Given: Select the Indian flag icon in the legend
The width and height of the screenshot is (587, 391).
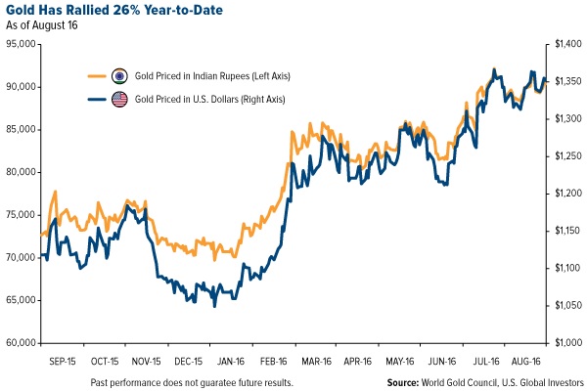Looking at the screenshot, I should [x=119, y=76].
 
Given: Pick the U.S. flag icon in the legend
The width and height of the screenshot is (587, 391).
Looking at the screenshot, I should [x=119, y=100].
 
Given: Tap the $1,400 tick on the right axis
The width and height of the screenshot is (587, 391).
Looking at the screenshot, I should [x=562, y=44].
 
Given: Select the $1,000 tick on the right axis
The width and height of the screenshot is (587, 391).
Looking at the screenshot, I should [x=562, y=343].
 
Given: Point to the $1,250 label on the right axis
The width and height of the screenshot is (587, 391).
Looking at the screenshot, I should [x=562, y=156].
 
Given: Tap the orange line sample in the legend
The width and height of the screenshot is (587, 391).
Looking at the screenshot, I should [x=95, y=76].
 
